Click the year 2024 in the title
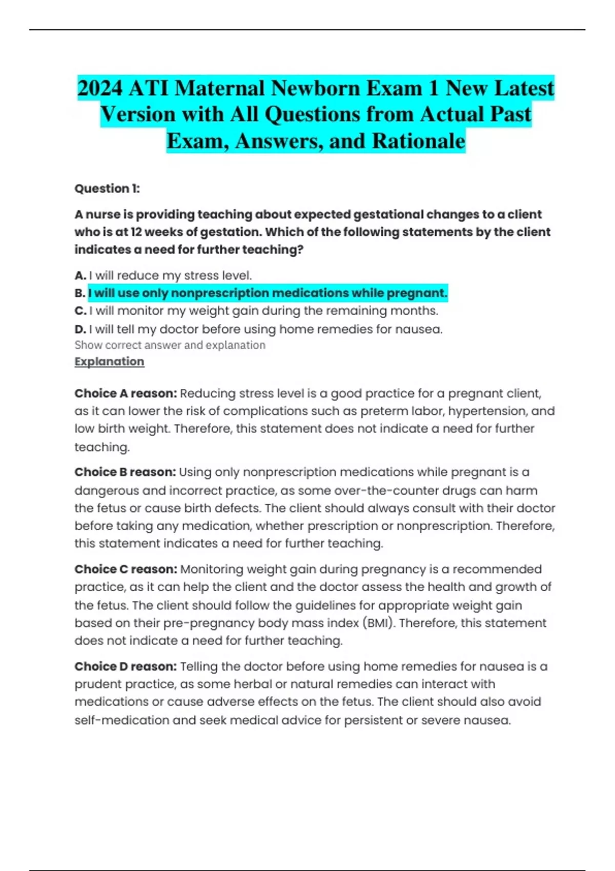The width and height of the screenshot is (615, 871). [100, 88]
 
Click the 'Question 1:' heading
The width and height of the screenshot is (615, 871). [107, 189]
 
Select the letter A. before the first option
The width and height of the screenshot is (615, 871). [80, 276]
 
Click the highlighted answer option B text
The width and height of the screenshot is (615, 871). [268, 293]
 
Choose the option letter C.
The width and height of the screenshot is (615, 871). [80, 311]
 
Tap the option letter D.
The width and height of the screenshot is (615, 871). [80, 329]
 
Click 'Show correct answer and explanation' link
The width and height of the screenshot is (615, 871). [170, 345]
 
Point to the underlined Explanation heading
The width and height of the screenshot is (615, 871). [109, 362]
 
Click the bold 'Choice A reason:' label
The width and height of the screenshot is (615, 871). [126, 393]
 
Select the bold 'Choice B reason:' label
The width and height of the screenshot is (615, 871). [125, 472]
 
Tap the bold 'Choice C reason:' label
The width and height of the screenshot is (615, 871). [126, 569]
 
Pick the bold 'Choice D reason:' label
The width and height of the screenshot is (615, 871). [126, 667]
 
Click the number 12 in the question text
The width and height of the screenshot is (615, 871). [136, 232]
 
